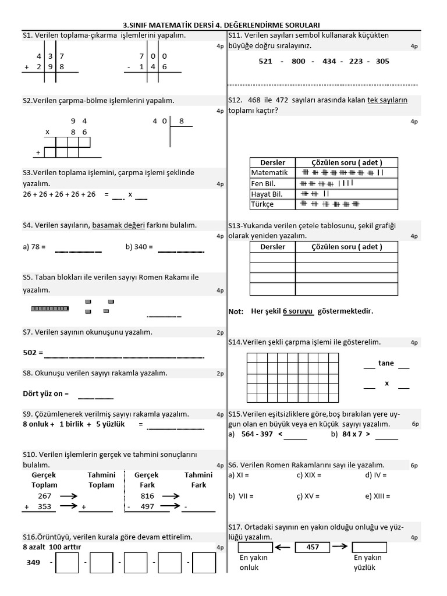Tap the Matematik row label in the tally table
point(269,173)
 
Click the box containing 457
point(313,547)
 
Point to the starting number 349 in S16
point(33,563)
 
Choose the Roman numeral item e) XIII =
point(378,496)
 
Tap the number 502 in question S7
point(30,353)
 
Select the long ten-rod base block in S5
point(49,308)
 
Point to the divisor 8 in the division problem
point(182,121)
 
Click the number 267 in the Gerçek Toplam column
point(44,496)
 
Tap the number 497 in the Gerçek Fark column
point(147,507)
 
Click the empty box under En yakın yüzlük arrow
point(369,547)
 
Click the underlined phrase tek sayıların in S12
point(387,100)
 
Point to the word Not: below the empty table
point(236,311)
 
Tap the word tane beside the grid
point(386,363)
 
